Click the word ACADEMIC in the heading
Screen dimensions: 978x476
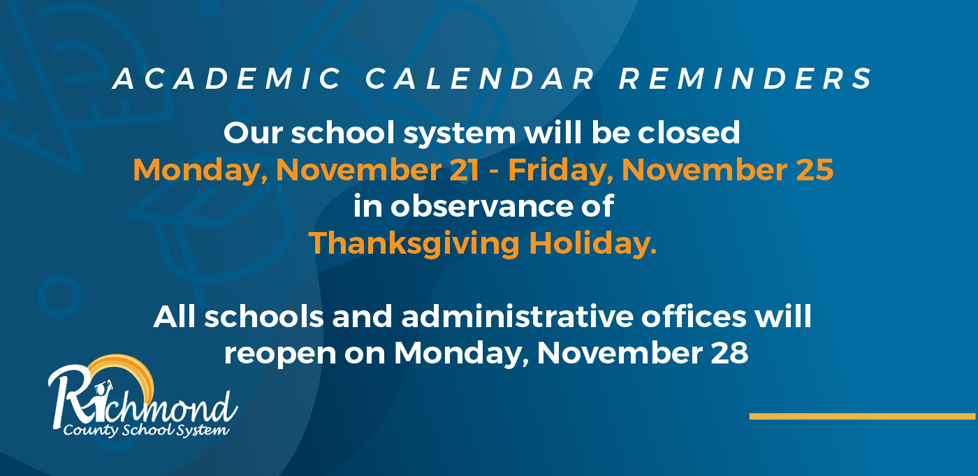pos(227,79)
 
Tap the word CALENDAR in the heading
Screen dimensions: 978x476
pos(480,79)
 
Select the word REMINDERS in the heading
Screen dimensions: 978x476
pos(746,79)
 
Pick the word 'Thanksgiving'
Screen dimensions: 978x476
pos(414,245)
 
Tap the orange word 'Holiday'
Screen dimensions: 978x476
pos(593,245)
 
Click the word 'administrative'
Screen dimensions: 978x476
pos(518,317)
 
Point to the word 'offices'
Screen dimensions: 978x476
pos(694,316)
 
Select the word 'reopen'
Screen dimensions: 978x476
pos(280,354)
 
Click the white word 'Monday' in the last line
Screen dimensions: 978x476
pos(461,354)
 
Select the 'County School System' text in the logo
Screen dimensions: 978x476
pos(146,430)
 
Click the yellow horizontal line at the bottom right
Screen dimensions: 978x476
pos(862,417)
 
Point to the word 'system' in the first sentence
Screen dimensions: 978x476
pos(460,134)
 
